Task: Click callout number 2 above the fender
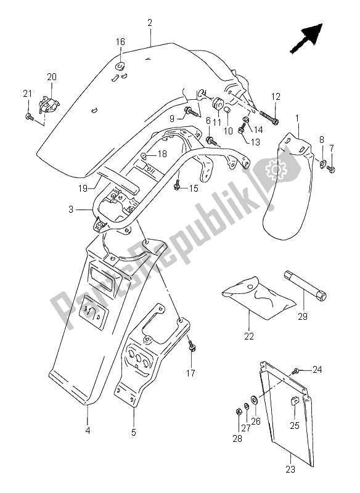click(150, 23)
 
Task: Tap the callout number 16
click(121, 42)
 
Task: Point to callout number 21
click(27, 93)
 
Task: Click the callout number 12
click(275, 96)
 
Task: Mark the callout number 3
click(72, 210)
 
